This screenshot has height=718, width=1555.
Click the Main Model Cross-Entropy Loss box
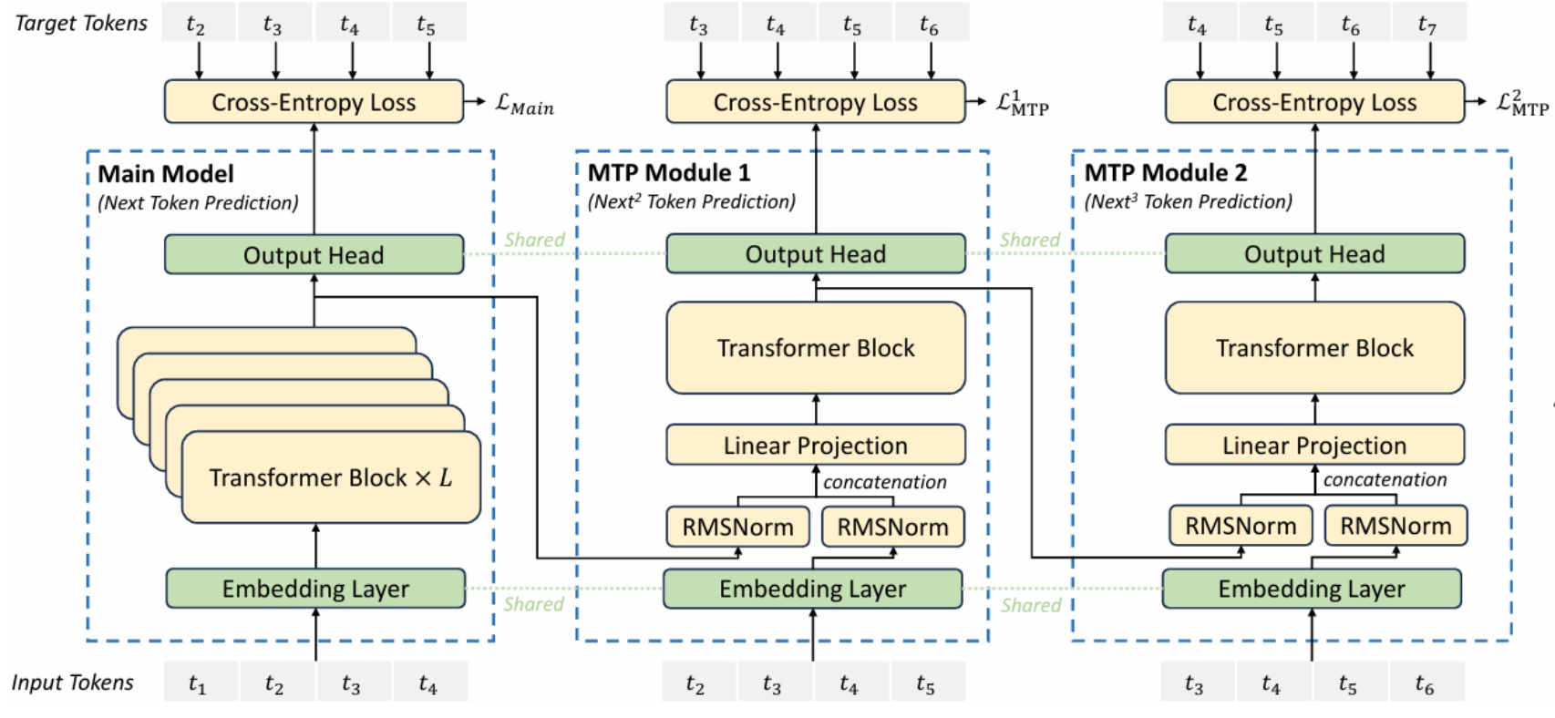coord(314,102)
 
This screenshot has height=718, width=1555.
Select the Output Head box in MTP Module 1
coord(816,254)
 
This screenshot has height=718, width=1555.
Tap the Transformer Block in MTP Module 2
coord(1314,347)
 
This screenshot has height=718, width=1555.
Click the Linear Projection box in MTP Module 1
coord(816,445)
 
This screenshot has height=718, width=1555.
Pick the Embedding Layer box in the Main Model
coord(315,589)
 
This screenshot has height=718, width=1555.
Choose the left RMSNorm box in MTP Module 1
coord(738,527)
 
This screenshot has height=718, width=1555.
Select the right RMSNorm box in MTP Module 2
coord(1396,526)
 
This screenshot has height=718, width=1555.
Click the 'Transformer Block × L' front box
coord(331,477)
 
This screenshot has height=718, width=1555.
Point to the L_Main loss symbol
coord(525,105)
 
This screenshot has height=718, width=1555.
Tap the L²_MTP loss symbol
coord(1522,103)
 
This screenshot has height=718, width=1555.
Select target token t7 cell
coord(1428,22)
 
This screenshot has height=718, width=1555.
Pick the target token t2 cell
coord(199,22)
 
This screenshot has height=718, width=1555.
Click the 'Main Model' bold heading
coord(166,173)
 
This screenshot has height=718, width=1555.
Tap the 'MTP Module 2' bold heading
coord(1166,172)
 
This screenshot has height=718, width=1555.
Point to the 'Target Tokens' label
coord(81,23)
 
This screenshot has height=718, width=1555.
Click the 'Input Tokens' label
coord(73,682)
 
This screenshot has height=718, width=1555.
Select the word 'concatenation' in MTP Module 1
coord(885,481)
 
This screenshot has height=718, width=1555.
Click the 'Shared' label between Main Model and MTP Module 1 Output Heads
coord(534,240)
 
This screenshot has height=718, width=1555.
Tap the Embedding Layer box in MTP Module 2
coord(1312,589)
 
